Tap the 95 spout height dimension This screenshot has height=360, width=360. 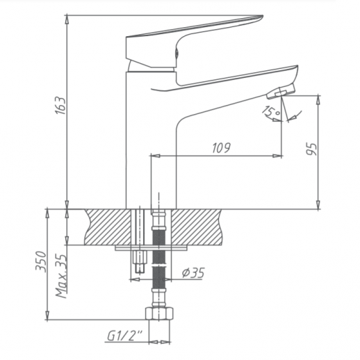(312, 149)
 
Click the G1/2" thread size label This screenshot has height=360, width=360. (126, 336)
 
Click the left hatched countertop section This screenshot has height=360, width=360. (108, 225)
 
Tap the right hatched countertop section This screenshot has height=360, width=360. (202, 225)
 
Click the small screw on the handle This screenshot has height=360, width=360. (178, 51)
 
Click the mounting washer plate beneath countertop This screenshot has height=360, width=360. (149, 246)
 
